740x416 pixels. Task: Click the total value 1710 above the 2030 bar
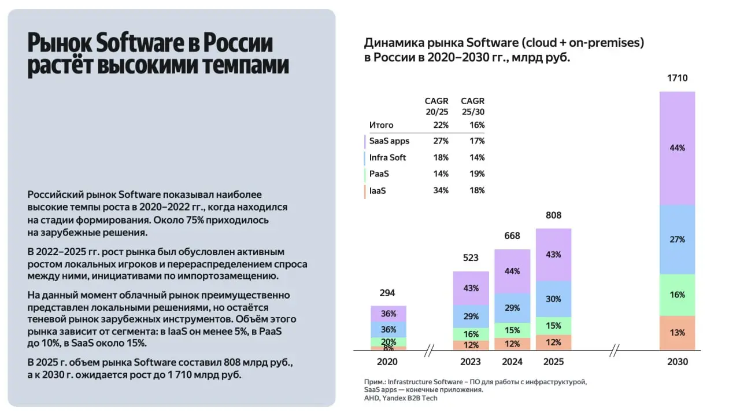tap(677, 78)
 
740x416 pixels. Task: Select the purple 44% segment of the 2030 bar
tap(677, 148)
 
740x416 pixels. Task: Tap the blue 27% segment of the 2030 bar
tap(677, 240)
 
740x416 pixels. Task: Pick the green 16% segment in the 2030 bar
tap(677, 294)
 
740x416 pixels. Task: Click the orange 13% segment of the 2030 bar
tap(677, 333)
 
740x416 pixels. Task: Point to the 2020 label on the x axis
tap(388, 362)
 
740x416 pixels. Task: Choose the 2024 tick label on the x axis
tap(512, 362)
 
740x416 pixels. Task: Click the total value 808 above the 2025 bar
tap(553, 215)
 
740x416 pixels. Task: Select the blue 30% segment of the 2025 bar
tap(553, 299)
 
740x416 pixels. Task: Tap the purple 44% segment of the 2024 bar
tap(512, 271)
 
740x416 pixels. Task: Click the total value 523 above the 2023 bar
tap(471, 257)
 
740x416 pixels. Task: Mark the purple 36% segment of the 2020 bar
tap(388, 314)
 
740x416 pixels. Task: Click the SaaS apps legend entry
tap(389, 141)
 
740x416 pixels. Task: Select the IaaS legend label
tap(378, 190)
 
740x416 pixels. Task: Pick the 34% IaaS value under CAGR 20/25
tap(441, 190)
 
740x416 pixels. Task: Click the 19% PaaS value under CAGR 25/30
tap(477, 174)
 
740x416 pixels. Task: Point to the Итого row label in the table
tap(382, 125)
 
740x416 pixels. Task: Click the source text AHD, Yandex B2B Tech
tap(401, 398)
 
